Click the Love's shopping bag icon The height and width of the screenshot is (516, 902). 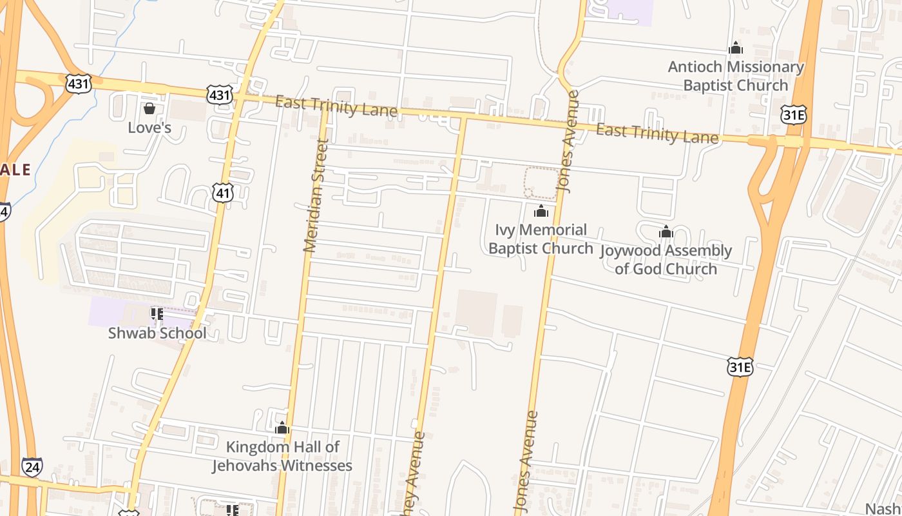click(x=149, y=108)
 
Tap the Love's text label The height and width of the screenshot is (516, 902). click(x=149, y=127)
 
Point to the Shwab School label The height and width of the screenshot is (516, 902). click(x=157, y=333)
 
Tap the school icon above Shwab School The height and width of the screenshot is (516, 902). click(x=157, y=314)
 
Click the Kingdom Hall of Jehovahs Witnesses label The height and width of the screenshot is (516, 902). click(x=282, y=456)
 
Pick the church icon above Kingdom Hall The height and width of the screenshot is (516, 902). click(x=282, y=428)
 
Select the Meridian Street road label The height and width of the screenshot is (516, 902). click(x=316, y=195)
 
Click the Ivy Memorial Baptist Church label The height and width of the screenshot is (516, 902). click(x=541, y=239)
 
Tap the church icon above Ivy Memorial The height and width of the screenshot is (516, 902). click(x=541, y=211)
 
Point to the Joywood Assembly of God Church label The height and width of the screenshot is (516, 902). click(x=666, y=259)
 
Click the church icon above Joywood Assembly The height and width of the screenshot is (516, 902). click(x=666, y=232)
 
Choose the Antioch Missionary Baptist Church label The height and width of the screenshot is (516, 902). click(x=736, y=76)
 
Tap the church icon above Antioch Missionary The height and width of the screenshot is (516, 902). click(x=735, y=48)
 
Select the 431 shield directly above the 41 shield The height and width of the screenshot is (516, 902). click(x=220, y=95)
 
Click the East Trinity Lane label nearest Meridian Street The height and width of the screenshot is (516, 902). click(x=336, y=106)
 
